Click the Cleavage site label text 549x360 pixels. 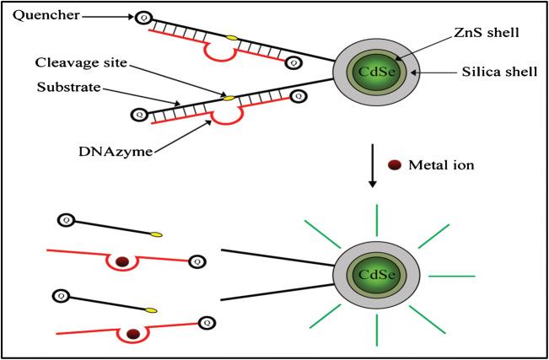pos(79,62)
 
